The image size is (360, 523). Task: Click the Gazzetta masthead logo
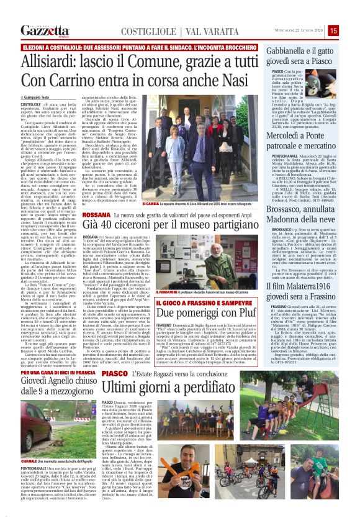pos(45,30)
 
